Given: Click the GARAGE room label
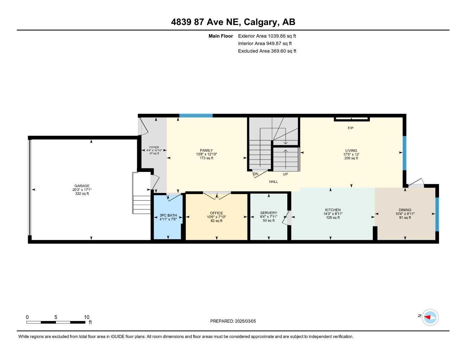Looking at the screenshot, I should point(82,186).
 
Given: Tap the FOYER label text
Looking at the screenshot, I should point(154,148).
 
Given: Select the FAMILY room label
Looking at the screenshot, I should point(206,150).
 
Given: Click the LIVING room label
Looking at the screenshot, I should point(351,150).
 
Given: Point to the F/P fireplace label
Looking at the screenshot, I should point(350,128).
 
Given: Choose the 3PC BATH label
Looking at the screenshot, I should point(168,216).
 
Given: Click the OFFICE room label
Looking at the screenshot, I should point(216,213).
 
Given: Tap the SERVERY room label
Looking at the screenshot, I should point(269,213).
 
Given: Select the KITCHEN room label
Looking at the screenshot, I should point(333,210).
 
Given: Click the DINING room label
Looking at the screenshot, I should point(405,210).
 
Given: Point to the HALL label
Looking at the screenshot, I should point(273,182).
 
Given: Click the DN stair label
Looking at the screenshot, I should point(256,174).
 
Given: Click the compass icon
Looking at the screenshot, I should point(430,317).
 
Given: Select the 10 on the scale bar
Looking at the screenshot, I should point(87,317).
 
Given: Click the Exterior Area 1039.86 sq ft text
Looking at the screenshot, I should point(267,36).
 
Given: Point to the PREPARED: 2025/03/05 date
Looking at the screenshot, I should point(233,321).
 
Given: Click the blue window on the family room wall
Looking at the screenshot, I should point(196,115).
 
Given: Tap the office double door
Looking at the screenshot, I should point(217,195).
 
